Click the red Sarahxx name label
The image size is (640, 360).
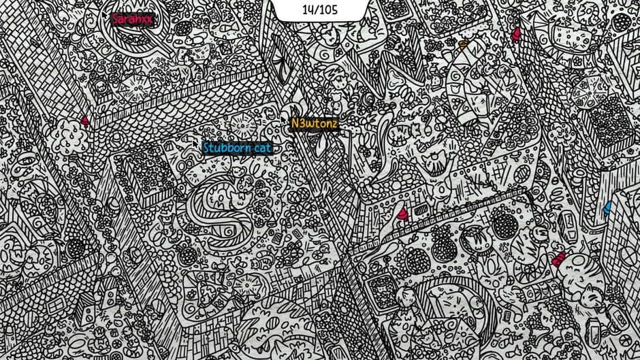[133, 19]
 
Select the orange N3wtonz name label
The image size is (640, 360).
[314, 124]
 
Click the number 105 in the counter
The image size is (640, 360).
[330, 10]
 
